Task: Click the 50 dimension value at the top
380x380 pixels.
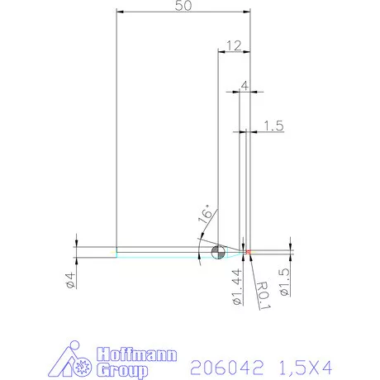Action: tap(184, 7)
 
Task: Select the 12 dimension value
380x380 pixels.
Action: tap(234, 45)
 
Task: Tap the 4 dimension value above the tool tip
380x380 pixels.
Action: tap(245, 85)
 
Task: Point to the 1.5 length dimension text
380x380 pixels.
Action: tap(274, 126)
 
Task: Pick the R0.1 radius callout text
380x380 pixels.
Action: tap(263, 292)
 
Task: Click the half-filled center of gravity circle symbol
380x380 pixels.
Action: tap(217, 252)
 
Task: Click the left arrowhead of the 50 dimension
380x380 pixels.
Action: tap(120, 12)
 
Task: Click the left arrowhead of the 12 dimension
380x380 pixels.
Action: tap(221, 51)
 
